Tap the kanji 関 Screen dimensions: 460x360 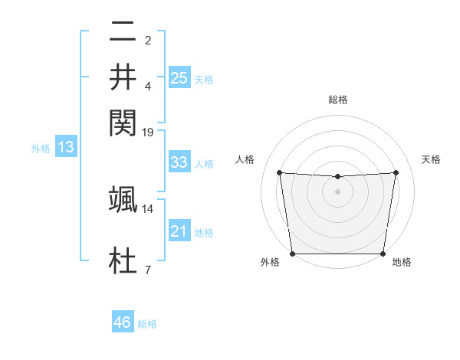(123, 120)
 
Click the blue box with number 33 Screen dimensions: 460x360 (179, 162)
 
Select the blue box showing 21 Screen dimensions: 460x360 (179, 231)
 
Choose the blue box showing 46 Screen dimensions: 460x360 (122, 322)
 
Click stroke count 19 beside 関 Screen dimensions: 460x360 (148, 132)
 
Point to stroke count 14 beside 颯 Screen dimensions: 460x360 (148, 208)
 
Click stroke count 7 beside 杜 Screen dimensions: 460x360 (148, 269)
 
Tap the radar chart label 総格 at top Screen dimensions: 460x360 (337, 100)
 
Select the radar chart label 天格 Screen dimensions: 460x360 (431, 159)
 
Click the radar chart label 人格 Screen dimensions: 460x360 (245, 159)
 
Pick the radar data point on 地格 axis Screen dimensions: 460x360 (383, 254)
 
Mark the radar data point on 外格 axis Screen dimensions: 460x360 (292, 254)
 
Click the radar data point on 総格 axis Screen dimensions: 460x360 (337, 177)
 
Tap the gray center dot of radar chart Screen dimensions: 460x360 (337, 191)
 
